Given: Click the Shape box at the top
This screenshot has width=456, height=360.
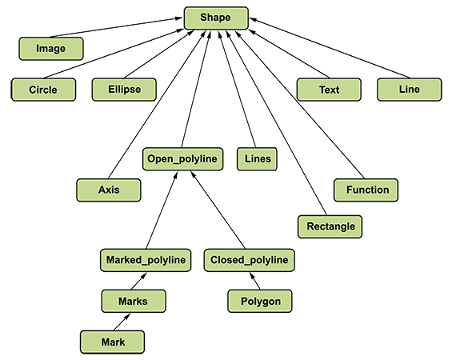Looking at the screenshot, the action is (x=216, y=18).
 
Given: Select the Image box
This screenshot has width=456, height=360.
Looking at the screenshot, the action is (x=51, y=49).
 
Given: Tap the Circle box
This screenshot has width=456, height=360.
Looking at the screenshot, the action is (x=43, y=90).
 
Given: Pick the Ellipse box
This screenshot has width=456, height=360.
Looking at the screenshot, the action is (x=124, y=90).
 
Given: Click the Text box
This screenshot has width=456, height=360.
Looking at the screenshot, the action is (x=329, y=90).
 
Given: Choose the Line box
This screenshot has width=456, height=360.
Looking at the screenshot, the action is (x=410, y=90).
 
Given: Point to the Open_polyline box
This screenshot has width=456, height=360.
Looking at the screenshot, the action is (x=182, y=159).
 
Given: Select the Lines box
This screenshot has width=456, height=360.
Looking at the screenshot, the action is (x=257, y=159).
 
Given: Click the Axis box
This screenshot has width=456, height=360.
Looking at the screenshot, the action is (x=109, y=190).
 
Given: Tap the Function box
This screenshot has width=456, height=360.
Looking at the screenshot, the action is (x=366, y=190).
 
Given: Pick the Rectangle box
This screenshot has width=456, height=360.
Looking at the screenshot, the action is (x=330, y=226).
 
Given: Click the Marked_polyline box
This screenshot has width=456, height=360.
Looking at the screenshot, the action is (x=146, y=260).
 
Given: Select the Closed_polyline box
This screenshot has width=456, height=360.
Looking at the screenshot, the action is (x=250, y=260).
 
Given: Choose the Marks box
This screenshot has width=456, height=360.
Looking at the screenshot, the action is (x=134, y=301).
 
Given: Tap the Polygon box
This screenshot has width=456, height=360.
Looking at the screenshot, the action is (x=260, y=301).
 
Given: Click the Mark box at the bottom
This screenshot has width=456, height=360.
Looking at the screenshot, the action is (x=112, y=342).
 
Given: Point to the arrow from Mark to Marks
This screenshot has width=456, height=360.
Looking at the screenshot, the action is (x=122, y=322).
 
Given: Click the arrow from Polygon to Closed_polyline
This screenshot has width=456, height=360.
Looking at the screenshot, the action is (x=255, y=281).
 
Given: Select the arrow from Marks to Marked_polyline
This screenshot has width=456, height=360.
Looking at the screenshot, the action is (x=138, y=281).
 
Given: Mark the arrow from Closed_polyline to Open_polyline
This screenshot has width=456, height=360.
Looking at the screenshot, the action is (x=218, y=210).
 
